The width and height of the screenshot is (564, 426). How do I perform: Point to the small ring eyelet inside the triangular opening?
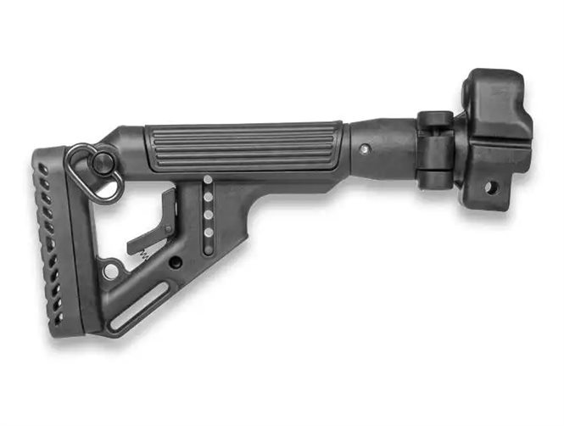pyautogui.click(x=111, y=272)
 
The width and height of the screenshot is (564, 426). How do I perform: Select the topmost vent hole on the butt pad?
pyautogui.click(x=43, y=169)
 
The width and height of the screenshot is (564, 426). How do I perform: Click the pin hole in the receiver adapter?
pyautogui.click(x=490, y=188)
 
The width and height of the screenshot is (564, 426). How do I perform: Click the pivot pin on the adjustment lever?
pyautogui.click(x=170, y=230)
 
